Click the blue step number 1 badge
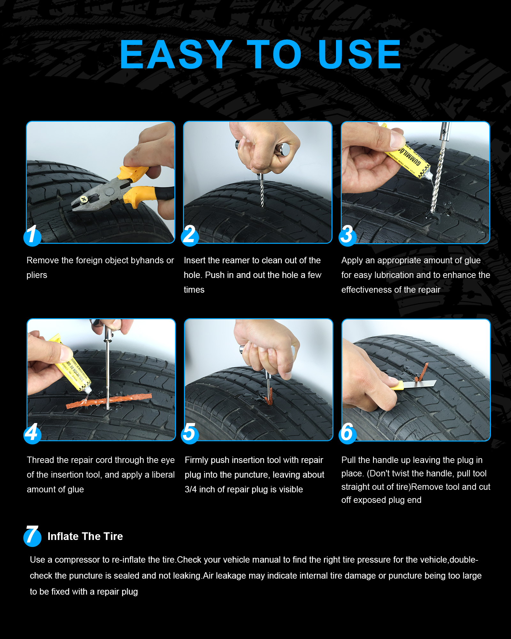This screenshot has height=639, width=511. pyautogui.click(x=32, y=236)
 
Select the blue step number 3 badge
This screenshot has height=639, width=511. pyautogui.click(x=347, y=236)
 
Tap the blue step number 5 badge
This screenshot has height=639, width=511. pyautogui.click(x=190, y=434)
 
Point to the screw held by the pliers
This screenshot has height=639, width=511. pyautogui.click(x=84, y=200)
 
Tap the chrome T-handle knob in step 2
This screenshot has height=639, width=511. pyautogui.click(x=284, y=150)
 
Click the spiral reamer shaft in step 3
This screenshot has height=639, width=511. pyautogui.click(x=438, y=179)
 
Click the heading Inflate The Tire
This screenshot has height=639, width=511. pyautogui.click(x=85, y=536)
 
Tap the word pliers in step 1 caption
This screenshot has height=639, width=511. pyautogui.click(x=37, y=275)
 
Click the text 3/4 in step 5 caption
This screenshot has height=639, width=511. pyautogui.click(x=191, y=489)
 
